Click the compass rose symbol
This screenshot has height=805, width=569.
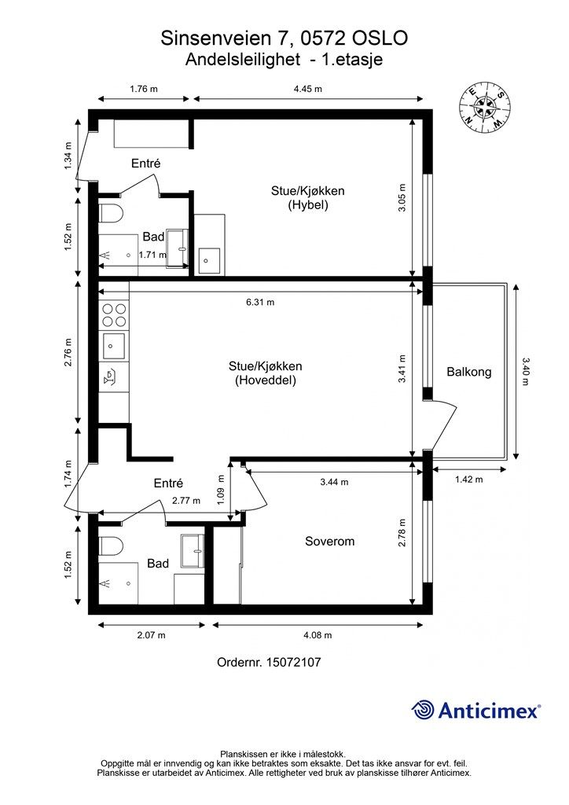click(484, 107)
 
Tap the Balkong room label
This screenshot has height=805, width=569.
click(469, 372)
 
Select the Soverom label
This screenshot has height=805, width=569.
click(329, 541)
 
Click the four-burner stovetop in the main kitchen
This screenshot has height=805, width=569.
click(114, 315)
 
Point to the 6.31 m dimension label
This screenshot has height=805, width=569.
click(260, 303)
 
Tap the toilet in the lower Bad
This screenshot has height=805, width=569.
click(110, 546)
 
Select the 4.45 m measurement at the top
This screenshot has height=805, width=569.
click(308, 89)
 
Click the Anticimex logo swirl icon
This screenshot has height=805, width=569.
click(422, 710)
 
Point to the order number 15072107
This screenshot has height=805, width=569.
click(293, 662)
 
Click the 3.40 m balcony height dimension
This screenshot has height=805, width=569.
click(524, 371)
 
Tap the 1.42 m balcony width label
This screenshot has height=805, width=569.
click(468, 480)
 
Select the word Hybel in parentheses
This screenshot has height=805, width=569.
click(307, 205)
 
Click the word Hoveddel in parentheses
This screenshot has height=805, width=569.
click(266, 380)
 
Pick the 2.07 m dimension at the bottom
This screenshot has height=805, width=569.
click(152, 635)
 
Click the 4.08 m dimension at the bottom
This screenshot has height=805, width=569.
click(318, 635)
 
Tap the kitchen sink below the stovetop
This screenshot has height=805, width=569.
click(114, 346)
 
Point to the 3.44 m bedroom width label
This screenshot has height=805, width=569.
click(334, 482)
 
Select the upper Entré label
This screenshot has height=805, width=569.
click(145, 164)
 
